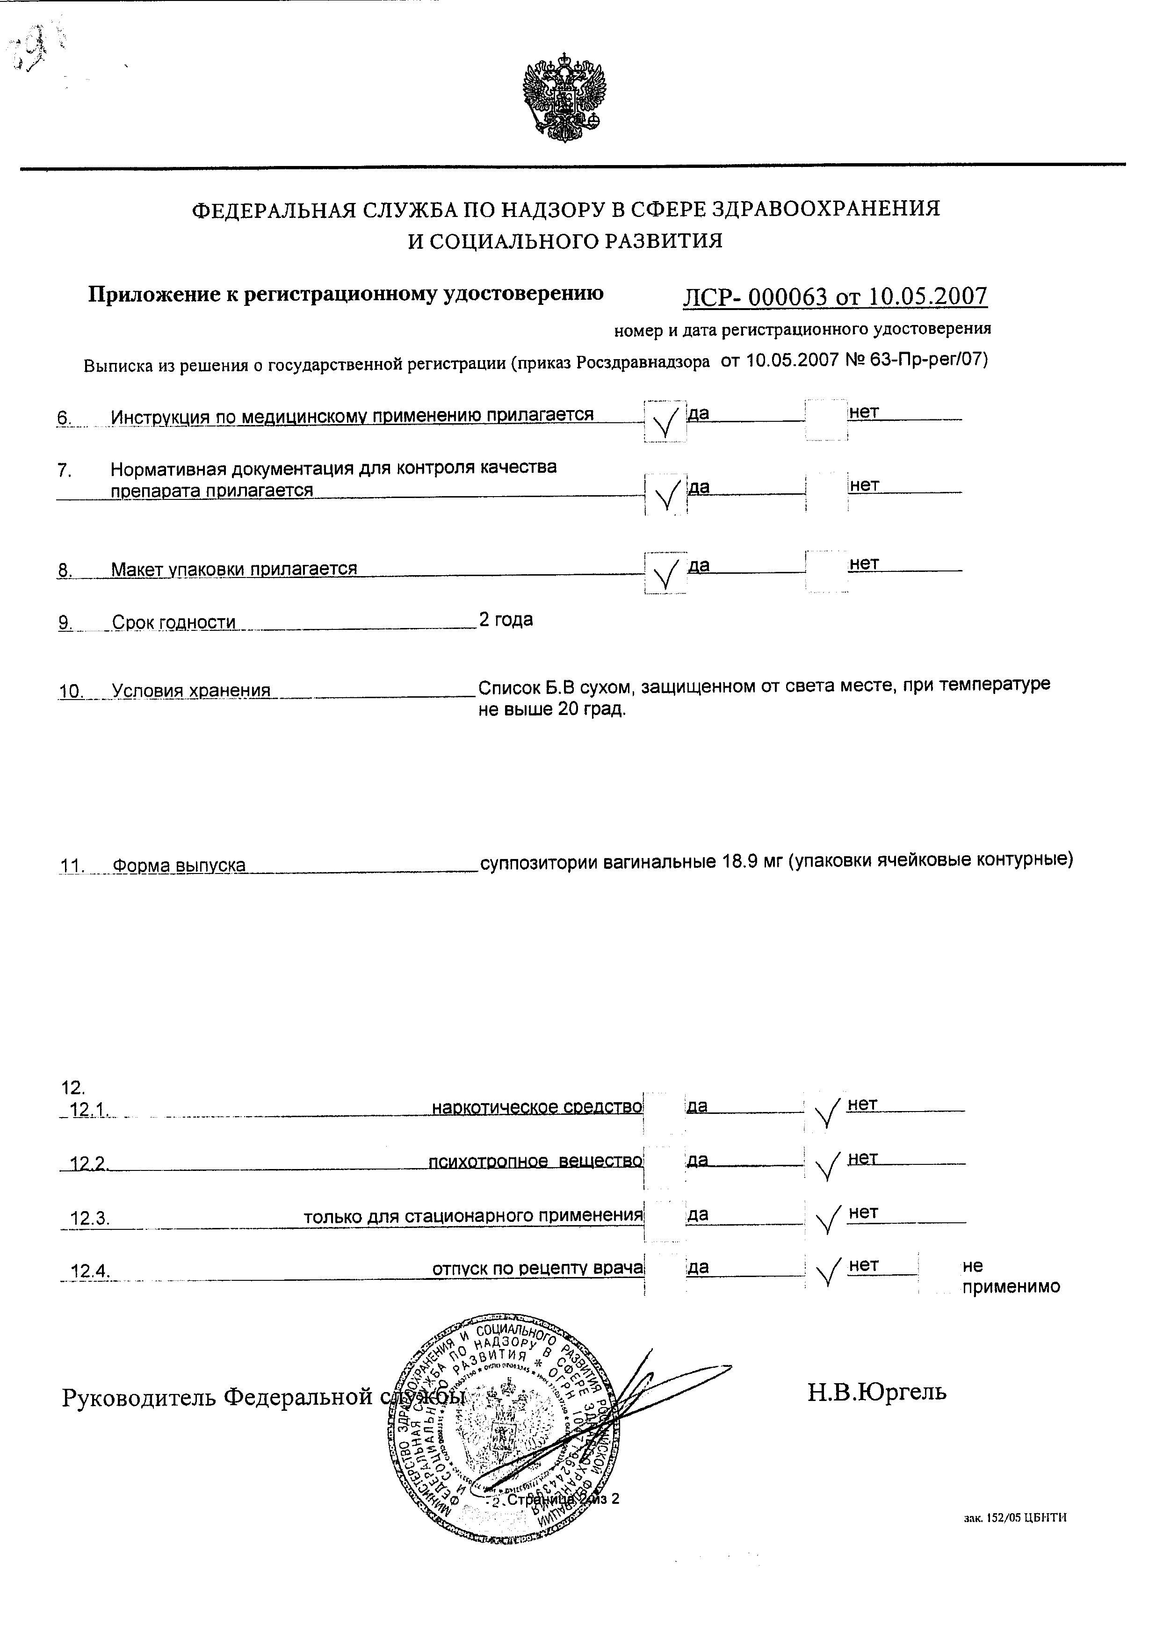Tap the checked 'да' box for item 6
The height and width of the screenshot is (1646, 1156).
[x=665, y=421]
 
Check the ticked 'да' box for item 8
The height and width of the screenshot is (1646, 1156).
[x=665, y=572]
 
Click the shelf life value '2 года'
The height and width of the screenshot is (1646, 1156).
[x=506, y=620]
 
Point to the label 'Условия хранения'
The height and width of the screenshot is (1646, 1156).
[x=191, y=690]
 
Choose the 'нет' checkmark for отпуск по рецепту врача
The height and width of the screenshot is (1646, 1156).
[x=826, y=1273]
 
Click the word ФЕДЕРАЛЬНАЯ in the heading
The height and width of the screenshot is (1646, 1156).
[x=275, y=209]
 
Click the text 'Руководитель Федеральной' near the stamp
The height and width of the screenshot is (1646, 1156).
[x=219, y=1396]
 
